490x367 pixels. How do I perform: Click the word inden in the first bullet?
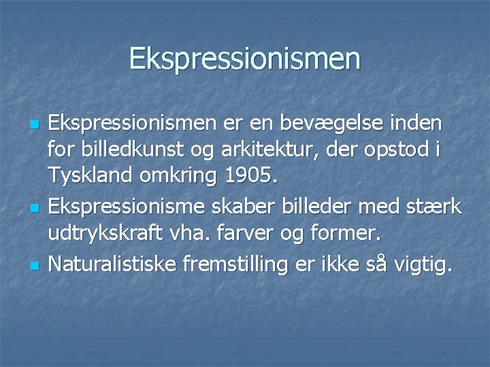click(x=418, y=125)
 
